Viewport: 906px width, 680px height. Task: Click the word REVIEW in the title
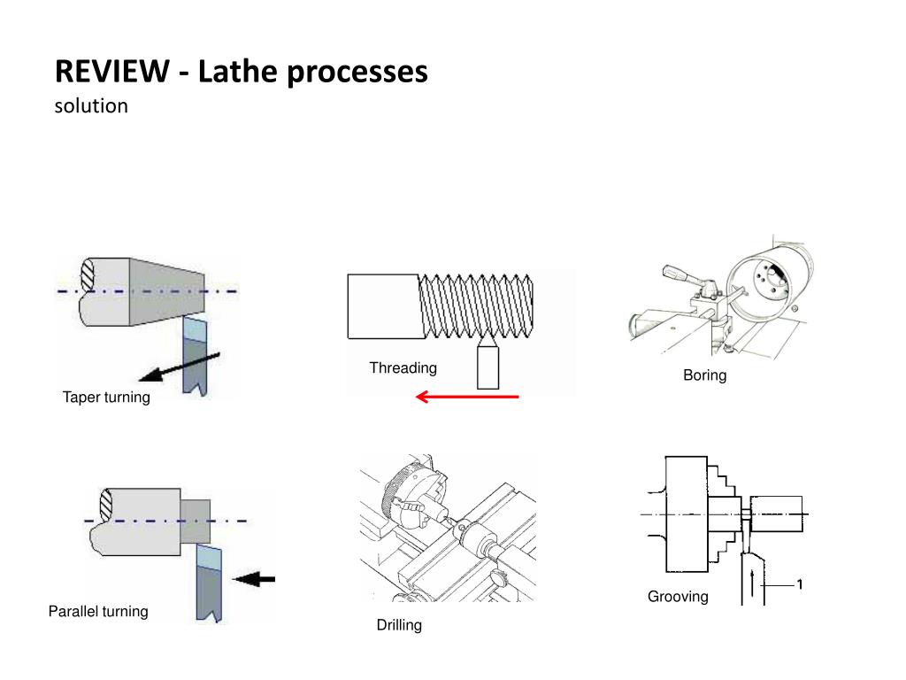point(112,72)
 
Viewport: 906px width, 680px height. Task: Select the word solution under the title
point(91,106)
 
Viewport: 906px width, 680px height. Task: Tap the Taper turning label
point(106,398)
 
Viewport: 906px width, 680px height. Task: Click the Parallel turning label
point(98,611)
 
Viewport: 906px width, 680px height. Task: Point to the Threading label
point(403,368)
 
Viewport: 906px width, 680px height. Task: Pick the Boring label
point(705,375)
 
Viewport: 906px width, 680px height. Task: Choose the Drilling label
point(399,625)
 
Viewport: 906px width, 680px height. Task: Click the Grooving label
point(678,597)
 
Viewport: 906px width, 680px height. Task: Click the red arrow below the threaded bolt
point(467,397)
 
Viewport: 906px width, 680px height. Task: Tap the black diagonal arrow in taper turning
point(180,367)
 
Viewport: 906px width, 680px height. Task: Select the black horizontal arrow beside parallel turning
point(254,578)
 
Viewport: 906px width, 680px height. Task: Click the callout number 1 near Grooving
point(800,584)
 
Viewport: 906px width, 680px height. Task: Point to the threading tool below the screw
point(488,363)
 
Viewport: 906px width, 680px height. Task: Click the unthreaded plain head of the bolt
point(384,306)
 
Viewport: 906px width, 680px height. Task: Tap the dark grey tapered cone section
point(167,292)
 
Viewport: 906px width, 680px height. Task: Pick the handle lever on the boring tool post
point(683,275)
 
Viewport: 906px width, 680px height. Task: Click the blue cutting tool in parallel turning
point(209,583)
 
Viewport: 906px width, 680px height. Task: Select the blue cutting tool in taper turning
point(195,356)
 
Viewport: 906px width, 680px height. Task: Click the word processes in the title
point(357,73)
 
